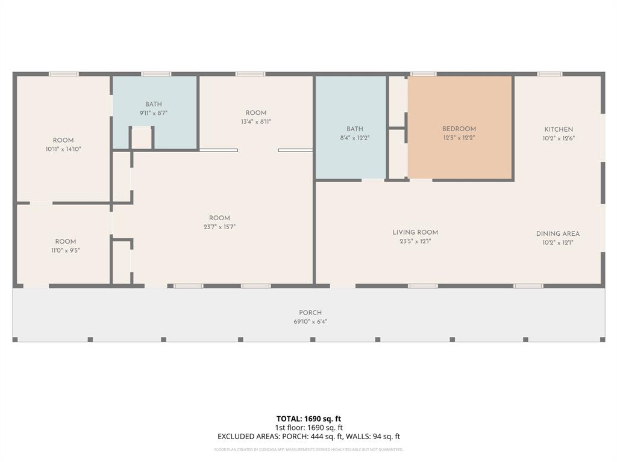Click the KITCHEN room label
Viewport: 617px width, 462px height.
[x=559, y=129]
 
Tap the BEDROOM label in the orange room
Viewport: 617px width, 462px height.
[x=459, y=129]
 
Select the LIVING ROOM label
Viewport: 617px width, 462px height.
[x=415, y=232]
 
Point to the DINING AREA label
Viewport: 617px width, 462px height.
[x=558, y=234]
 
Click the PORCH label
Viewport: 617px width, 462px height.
[x=310, y=313]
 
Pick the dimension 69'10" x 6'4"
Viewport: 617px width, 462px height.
[x=310, y=322]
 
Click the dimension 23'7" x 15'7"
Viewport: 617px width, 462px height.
[x=219, y=227]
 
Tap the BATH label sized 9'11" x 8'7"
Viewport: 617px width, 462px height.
[x=153, y=104]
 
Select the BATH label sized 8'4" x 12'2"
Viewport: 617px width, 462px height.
[x=355, y=129]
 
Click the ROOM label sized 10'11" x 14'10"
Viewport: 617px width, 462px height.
[x=63, y=140]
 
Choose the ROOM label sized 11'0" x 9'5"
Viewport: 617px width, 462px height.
[x=66, y=242]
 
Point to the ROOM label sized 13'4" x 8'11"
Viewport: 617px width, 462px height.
[x=256, y=113]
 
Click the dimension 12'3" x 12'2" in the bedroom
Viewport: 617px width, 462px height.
[x=459, y=138]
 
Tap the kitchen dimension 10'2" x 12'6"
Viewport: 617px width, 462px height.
[x=559, y=138]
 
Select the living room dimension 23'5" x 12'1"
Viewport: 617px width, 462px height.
[x=415, y=241]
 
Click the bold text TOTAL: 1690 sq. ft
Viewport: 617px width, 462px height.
[x=308, y=419]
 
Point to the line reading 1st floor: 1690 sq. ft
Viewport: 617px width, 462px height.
[x=308, y=428]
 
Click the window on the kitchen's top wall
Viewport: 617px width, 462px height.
[x=550, y=74]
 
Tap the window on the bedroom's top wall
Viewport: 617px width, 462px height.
[x=423, y=74]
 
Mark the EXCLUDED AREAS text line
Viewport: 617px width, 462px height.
[x=308, y=437]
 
